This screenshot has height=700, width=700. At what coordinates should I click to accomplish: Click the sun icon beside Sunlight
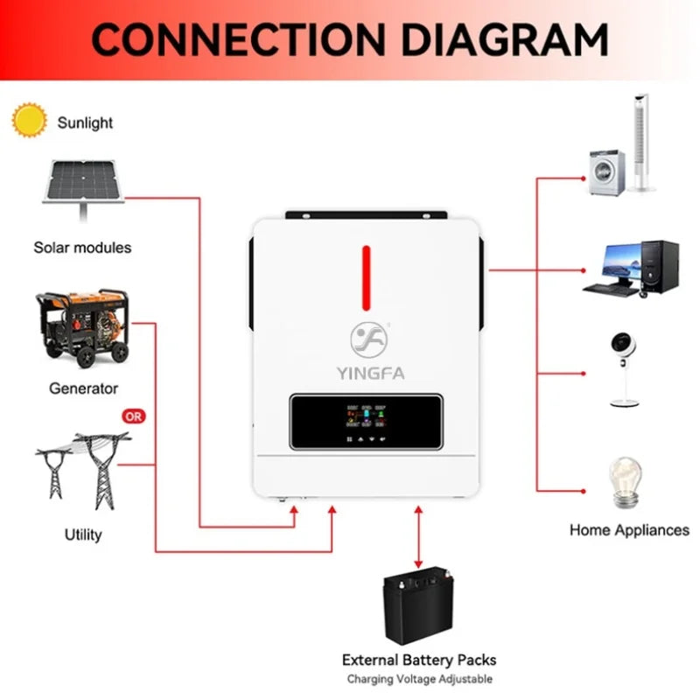pos(30,120)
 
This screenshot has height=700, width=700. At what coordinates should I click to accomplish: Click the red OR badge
pos(133,416)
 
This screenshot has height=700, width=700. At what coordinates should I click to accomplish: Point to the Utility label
pos(83,534)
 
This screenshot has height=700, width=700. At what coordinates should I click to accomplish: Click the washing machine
pos(607,171)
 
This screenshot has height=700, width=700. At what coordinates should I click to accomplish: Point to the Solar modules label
pos(82,248)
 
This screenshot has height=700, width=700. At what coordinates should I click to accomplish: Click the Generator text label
pos(83,388)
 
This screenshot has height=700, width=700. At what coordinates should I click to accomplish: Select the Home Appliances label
pos(629,529)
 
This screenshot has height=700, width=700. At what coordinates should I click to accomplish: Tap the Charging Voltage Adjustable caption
pos(419,679)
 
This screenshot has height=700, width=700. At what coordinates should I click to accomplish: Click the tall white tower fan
pos(645,144)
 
